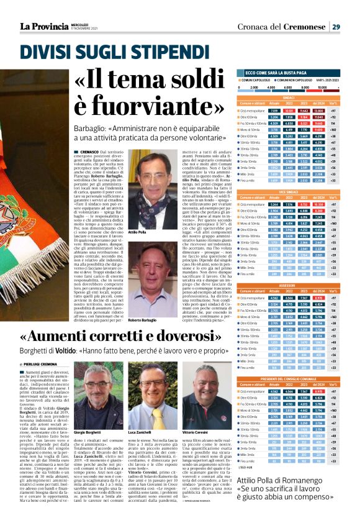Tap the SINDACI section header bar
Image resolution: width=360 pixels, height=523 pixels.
(x=289, y=98)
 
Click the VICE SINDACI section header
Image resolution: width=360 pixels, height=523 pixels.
(x=289, y=192)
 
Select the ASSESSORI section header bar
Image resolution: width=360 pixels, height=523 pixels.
(x=289, y=286)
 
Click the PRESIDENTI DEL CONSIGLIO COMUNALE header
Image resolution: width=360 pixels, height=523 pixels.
(x=289, y=379)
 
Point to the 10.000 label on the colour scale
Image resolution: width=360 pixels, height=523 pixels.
(x=323, y=87)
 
